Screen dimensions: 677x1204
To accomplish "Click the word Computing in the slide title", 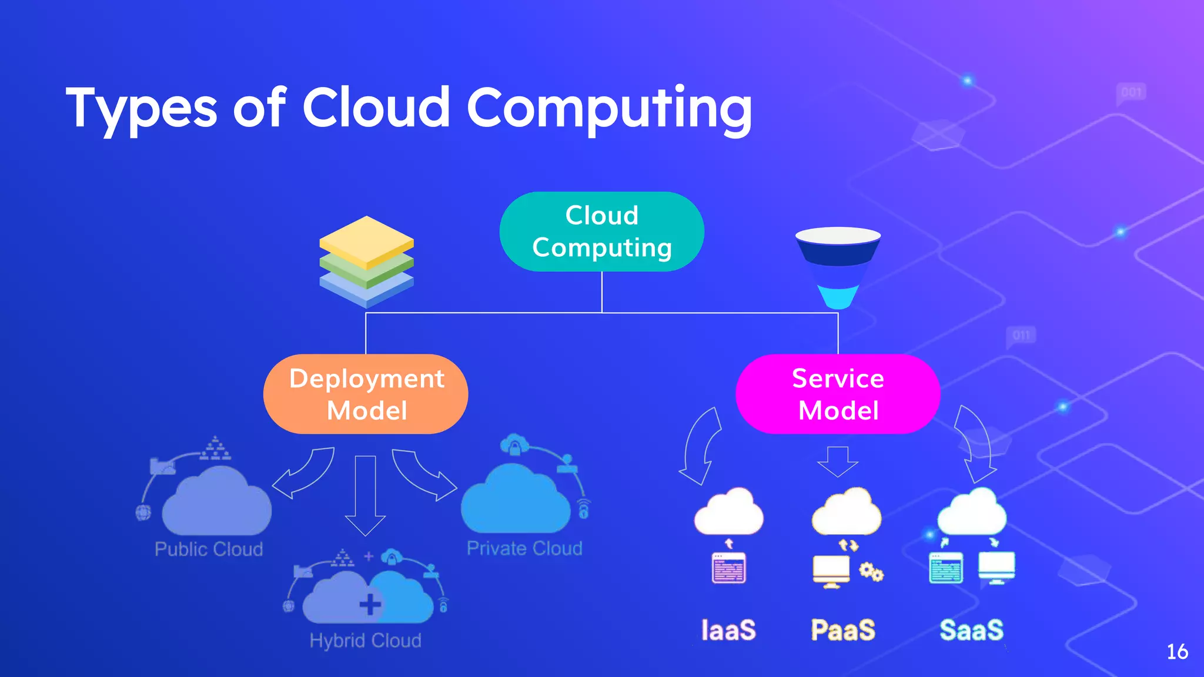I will tap(608, 109).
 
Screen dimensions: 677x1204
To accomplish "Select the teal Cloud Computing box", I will tap(601, 232).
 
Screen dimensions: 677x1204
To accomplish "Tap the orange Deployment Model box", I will tap(366, 394).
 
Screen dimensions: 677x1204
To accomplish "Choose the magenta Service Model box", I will tap(838, 394).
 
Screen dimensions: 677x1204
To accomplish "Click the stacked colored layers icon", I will tap(366, 262).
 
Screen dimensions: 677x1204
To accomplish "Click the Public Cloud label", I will tap(209, 549).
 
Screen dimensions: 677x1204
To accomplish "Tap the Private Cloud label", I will tap(524, 548).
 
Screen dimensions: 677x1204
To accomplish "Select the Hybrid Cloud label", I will tap(365, 640).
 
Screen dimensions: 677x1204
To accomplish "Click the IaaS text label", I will tap(728, 630).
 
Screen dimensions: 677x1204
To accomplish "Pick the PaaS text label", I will tap(843, 630).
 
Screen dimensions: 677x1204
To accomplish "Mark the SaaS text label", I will tap(971, 630).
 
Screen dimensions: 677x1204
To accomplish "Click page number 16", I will tap(1177, 652).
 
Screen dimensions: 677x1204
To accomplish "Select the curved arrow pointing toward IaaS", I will tap(701, 447).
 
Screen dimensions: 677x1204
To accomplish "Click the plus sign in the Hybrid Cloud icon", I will tap(370, 604).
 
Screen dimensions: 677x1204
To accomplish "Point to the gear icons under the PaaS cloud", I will tap(871, 572).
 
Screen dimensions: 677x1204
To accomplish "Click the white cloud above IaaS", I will tap(728, 512).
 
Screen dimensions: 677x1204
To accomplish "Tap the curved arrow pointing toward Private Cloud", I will tap(423, 473).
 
